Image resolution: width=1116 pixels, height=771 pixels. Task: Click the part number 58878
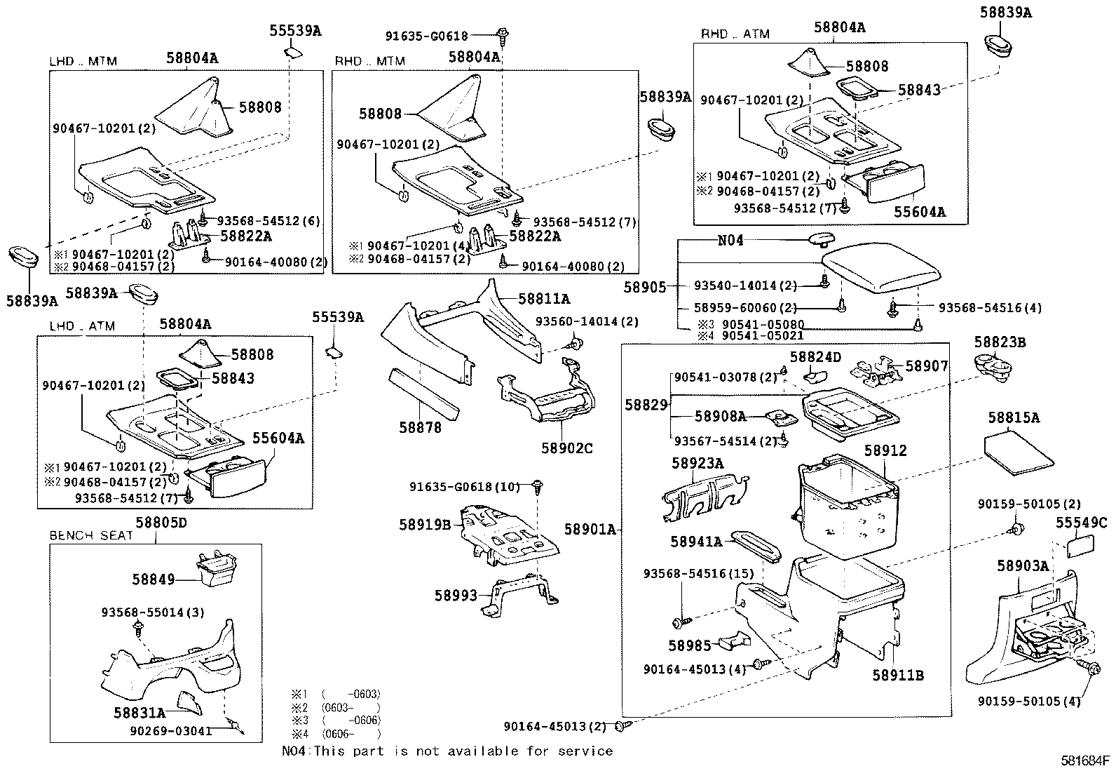421,427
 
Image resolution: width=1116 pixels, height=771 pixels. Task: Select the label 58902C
566,447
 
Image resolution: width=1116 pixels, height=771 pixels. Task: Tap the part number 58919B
425,524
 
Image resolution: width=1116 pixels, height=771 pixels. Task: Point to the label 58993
455,595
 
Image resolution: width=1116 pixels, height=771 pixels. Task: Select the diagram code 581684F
1086,759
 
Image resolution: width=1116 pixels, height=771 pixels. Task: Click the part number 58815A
1014,417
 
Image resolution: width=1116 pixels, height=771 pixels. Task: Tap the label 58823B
1000,342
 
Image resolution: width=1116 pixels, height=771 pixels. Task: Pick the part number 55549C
1080,522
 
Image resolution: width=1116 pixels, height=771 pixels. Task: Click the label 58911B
898,675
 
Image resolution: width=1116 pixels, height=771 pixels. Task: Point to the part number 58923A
697,463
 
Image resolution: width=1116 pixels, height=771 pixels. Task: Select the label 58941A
695,541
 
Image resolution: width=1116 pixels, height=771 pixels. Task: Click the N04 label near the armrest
730,241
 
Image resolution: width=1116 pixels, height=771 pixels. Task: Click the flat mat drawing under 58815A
1019,453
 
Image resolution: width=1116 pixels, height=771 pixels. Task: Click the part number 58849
153,579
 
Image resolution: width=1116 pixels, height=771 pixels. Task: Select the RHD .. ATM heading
735,34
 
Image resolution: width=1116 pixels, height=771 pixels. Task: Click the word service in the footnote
586,751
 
